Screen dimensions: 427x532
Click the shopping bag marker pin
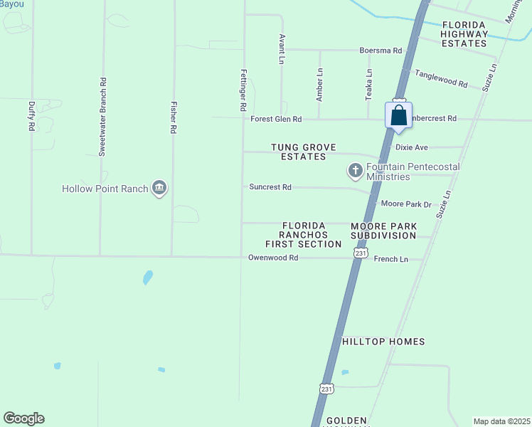coord(399,116)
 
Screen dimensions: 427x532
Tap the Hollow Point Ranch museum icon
coord(159,189)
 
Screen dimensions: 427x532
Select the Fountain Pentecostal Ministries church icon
coord(355,170)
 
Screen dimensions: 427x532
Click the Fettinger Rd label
coord(243,90)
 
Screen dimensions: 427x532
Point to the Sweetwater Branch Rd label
coord(102,117)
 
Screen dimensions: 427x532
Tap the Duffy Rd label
coord(31,115)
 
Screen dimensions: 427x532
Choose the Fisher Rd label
coord(173,117)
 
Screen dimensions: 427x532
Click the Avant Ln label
coord(282,49)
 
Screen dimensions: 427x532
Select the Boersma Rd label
coord(381,51)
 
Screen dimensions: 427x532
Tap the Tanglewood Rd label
coord(440,79)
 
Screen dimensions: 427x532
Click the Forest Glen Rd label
coord(276,119)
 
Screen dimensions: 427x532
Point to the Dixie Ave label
coord(412,147)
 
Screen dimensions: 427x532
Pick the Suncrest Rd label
coord(270,187)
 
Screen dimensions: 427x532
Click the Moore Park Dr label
coord(406,204)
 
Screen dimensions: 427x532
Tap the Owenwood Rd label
coord(272,258)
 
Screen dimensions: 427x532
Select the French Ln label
coord(391,259)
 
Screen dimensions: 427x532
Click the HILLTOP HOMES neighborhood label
coord(383,342)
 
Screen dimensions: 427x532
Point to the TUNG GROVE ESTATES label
coord(298,152)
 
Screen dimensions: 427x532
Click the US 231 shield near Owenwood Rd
coord(361,253)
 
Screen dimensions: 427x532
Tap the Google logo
coord(23,418)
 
